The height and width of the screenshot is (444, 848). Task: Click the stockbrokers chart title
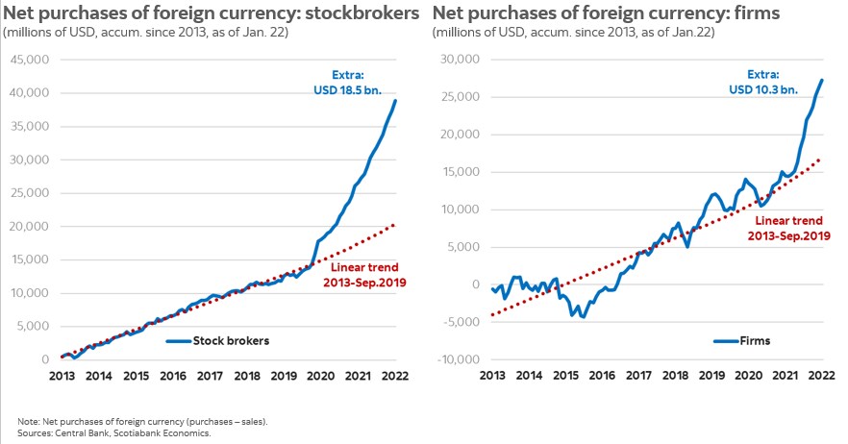pyautogui.click(x=212, y=13)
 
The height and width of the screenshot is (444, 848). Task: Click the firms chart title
pyautogui.click(x=605, y=13)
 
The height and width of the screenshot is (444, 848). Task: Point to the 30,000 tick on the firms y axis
pyautogui.click(x=460, y=60)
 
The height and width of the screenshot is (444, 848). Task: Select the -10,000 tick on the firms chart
pyautogui.click(x=458, y=359)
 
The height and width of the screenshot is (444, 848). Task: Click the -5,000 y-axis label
pyautogui.click(x=461, y=322)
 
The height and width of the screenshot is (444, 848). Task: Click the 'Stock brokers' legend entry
pyautogui.click(x=232, y=340)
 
